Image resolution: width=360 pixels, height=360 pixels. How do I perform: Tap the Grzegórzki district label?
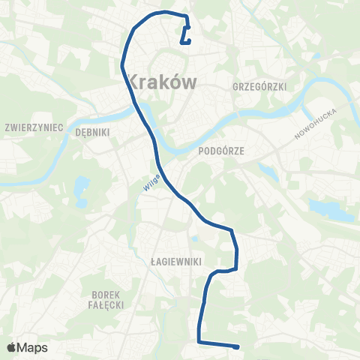(260, 87)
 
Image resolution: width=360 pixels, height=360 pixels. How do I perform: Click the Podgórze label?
(217, 150)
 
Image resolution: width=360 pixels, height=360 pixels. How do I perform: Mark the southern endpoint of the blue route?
(237, 346)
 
